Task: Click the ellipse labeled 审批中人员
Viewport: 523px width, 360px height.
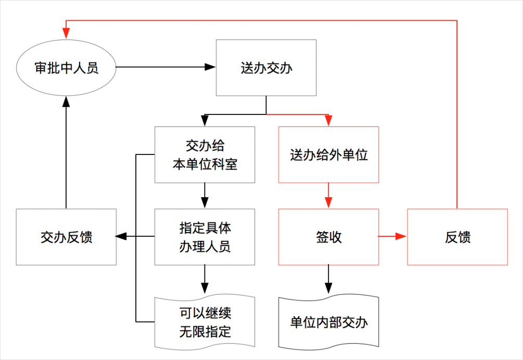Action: point(66,68)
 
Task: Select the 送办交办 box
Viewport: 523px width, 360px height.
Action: point(266,68)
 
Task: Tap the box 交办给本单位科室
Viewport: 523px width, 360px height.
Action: point(205,155)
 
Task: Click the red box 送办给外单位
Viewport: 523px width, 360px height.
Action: point(328,155)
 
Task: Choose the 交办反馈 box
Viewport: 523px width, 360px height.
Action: point(66,237)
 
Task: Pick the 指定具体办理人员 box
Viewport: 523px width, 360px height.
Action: point(205,237)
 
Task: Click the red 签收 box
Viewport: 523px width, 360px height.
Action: point(328,237)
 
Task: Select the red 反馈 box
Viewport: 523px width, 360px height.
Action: point(457,237)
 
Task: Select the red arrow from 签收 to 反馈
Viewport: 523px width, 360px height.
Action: point(393,237)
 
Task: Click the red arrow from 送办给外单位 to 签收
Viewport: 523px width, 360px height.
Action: point(328,196)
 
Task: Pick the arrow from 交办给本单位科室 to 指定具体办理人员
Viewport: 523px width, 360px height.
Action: point(205,196)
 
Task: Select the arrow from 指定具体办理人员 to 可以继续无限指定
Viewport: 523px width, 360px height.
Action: point(205,281)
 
